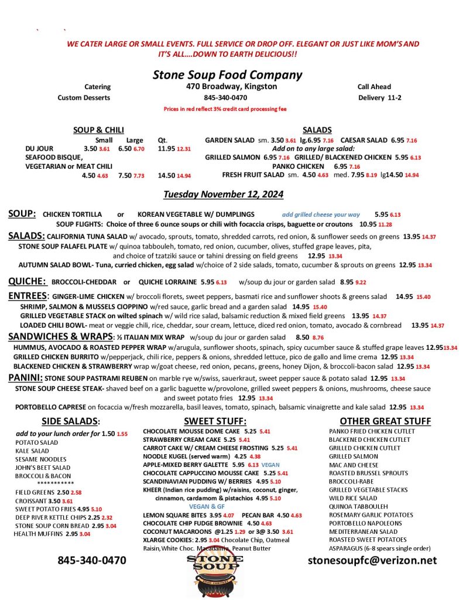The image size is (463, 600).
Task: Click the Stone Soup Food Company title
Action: coord(227,74)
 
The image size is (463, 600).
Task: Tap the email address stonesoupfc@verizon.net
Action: coord(372,560)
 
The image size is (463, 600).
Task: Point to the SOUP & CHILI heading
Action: coord(98,130)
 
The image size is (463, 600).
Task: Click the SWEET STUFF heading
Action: coord(215,421)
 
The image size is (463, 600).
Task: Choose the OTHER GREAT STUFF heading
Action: coord(385,421)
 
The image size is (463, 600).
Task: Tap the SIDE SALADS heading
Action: coord(71,421)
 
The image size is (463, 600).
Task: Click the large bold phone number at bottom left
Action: coord(91,560)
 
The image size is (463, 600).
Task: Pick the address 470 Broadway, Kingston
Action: coord(228,87)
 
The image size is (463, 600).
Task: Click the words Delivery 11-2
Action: coord(379,97)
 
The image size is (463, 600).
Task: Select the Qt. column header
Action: coord(163,140)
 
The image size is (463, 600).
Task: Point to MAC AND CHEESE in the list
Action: coord(354,465)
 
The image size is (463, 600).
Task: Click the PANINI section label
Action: coord(25,378)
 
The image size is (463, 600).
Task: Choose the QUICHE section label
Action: coord(27,281)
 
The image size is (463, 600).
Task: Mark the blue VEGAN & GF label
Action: coord(207,506)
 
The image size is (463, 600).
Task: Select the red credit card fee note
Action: coord(225,109)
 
